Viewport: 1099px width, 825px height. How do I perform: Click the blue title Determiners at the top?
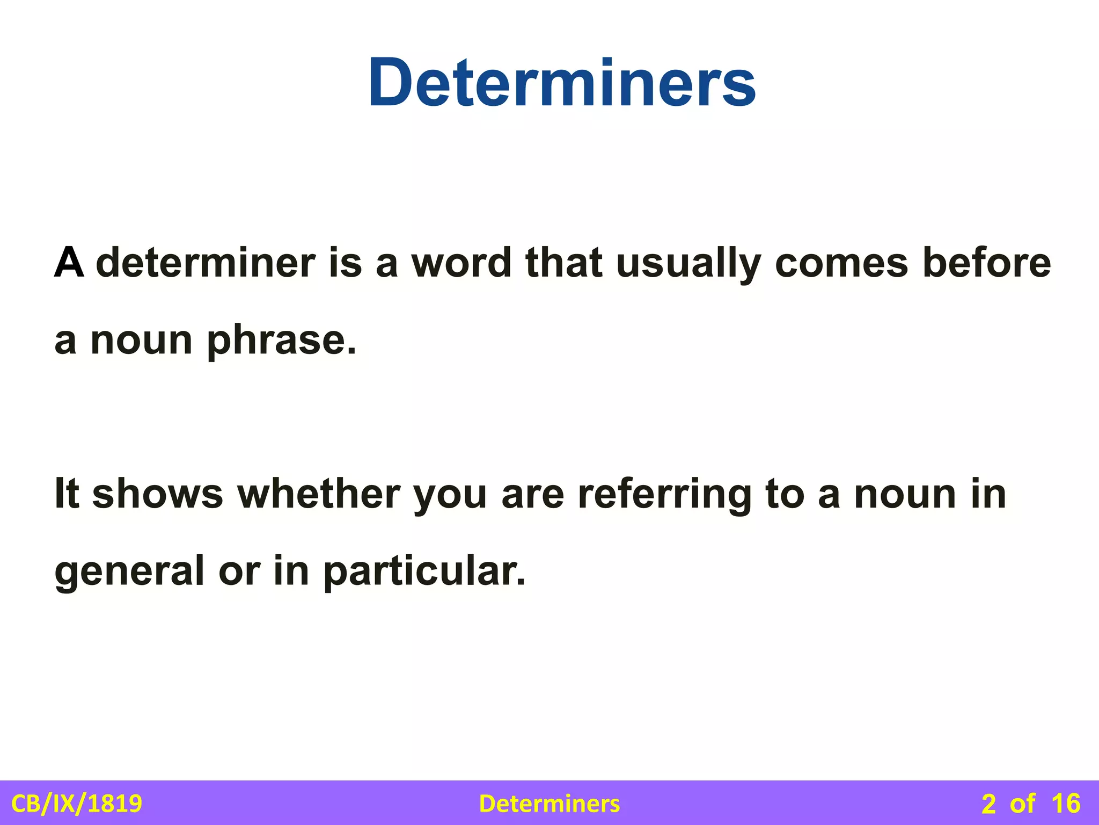562,83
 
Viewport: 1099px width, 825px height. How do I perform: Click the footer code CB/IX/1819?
77,804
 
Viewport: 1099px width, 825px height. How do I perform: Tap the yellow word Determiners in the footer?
549,804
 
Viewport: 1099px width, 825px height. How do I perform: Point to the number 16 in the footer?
1066,804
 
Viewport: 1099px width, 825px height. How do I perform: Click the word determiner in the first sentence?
206,263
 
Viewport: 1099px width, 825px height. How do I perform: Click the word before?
986,263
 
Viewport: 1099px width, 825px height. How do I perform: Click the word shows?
158,494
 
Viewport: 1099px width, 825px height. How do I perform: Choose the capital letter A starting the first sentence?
69,263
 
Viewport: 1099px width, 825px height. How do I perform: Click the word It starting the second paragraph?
67,494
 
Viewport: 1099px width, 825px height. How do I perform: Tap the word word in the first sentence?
461,263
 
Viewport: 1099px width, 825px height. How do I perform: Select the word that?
563,263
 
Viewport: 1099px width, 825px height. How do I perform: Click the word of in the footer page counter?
1022,804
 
